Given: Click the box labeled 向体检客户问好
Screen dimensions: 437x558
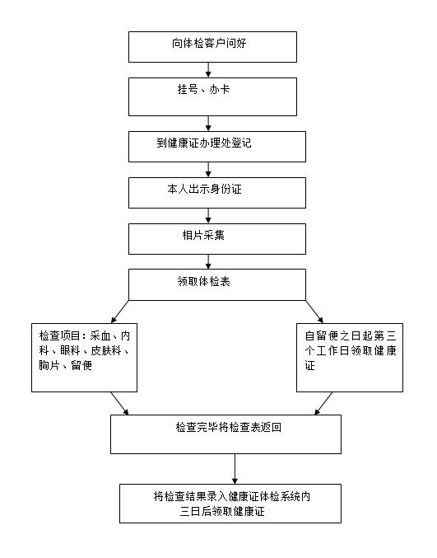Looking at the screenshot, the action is [212, 47].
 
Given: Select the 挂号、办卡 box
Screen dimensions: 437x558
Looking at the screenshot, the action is [212, 96].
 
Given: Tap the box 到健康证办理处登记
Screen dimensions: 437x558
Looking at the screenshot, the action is [217, 147].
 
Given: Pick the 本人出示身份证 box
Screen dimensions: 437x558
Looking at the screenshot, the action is [217, 193].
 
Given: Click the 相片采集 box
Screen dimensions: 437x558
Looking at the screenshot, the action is [217, 239].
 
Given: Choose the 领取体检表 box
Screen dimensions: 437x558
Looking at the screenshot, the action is [217, 284].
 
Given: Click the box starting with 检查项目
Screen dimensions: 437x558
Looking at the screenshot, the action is [84, 358].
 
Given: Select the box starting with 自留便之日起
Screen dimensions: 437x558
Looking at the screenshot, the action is [350, 358].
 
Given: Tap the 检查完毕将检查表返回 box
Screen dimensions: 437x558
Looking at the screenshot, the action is [226, 434].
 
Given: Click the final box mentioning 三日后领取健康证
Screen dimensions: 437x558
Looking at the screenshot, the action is [230, 504].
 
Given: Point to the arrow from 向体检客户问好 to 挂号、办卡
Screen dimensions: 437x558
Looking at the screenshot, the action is [208, 70].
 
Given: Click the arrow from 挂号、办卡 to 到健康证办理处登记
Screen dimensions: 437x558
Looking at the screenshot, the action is [208, 124].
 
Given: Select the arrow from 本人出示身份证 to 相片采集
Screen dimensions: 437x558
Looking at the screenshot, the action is [208, 216].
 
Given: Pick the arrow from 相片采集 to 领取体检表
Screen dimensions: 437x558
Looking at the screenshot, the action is [208, 261].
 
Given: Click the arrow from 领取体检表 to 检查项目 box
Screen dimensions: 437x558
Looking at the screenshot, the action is [119, 312].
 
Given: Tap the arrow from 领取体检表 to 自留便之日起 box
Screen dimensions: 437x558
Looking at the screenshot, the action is [314, 312].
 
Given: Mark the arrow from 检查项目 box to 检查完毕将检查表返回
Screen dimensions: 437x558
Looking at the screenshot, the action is [119, 404].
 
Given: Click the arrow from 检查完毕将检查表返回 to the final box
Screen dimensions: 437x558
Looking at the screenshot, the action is [235, 469].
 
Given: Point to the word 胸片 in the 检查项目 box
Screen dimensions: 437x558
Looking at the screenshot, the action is [49, 365].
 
